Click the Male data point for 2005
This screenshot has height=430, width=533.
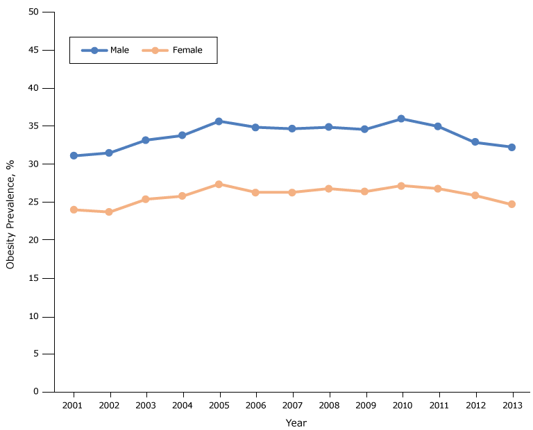[x=219, y=121]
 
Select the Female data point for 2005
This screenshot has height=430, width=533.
[x=219, y=184]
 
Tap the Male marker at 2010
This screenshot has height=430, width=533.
[x=402, y=119]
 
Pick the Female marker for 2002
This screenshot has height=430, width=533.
[x=109, y=212]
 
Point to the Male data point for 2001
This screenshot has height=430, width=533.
[x=73, y=156]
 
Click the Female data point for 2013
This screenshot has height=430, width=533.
[x=511, y=205]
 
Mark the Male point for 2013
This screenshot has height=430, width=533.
[x=511, y=147]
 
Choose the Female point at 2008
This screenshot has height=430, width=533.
[x=328, y=189]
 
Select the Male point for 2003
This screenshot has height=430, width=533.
[x=146, y=140]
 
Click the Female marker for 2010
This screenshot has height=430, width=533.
[x=402, y=186]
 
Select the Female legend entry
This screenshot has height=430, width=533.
[x=173, y=50]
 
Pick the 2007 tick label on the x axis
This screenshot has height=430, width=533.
[x=292, y=405]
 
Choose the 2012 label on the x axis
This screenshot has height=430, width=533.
[x=475, y=405]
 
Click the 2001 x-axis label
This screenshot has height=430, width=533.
[x=73, y=405]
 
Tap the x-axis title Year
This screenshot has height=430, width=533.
[x=296, y=422]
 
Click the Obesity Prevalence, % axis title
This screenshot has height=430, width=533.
[x=10, y=214]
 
